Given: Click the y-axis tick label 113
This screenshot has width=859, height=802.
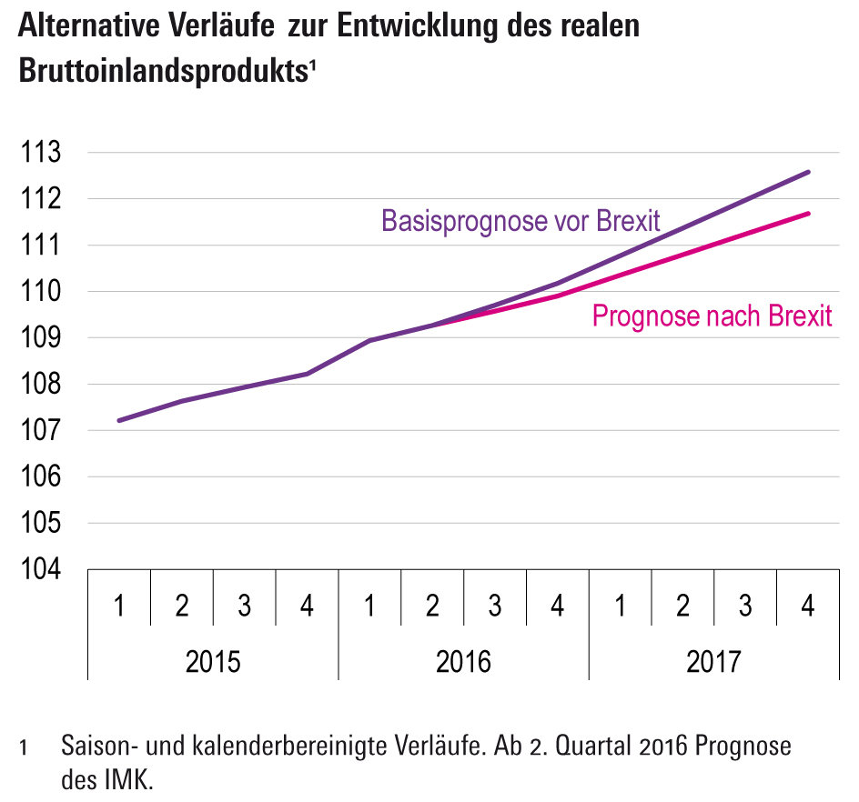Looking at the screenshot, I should click(x=43, y=152).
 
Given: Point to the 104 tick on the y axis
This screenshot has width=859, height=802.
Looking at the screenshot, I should click(x=43, y=570).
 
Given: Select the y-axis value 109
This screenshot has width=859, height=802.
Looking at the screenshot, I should click(x=43, y=338).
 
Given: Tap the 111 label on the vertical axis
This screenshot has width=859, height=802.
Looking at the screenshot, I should click(x=43, y=246).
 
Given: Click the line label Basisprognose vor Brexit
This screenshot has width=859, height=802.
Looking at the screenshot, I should click(x=520, y=221).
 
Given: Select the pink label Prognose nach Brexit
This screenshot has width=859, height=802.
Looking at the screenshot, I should click(x=712, y=316).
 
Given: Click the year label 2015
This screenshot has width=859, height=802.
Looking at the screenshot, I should click(x=213, y=661).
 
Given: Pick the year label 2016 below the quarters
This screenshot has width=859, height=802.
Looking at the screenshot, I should click(x=463, y=661).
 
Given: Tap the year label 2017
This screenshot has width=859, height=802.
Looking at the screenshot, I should click(x=713, y=661).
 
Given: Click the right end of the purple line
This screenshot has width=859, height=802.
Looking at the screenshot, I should click(x=808, y=172).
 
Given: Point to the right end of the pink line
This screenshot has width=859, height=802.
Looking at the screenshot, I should click(x=808, y=214).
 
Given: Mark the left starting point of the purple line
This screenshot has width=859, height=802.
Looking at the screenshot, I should click(x=119, y=420).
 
